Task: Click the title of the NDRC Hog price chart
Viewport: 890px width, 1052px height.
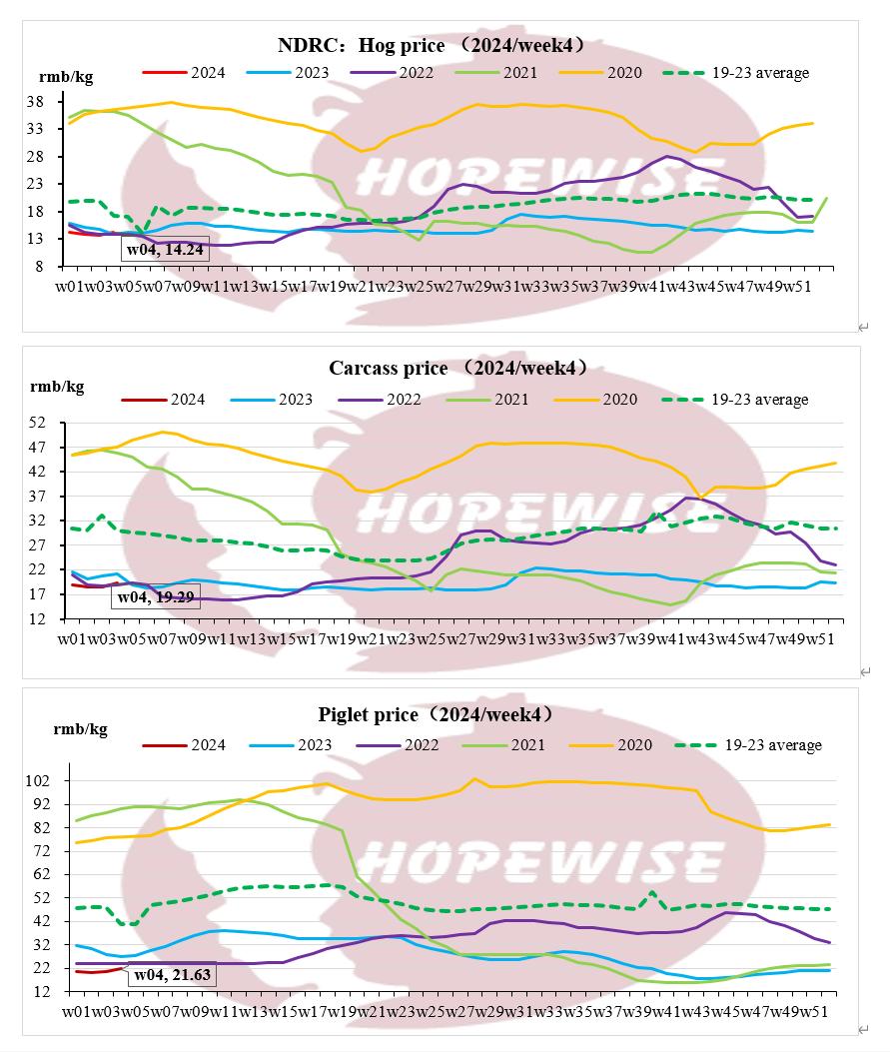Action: tap(431, 46)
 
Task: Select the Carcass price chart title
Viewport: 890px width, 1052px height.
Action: tap(458, 368)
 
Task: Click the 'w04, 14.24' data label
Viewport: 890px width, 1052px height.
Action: tap(165, 250)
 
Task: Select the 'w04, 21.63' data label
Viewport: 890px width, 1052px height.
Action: tap(172, 974)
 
